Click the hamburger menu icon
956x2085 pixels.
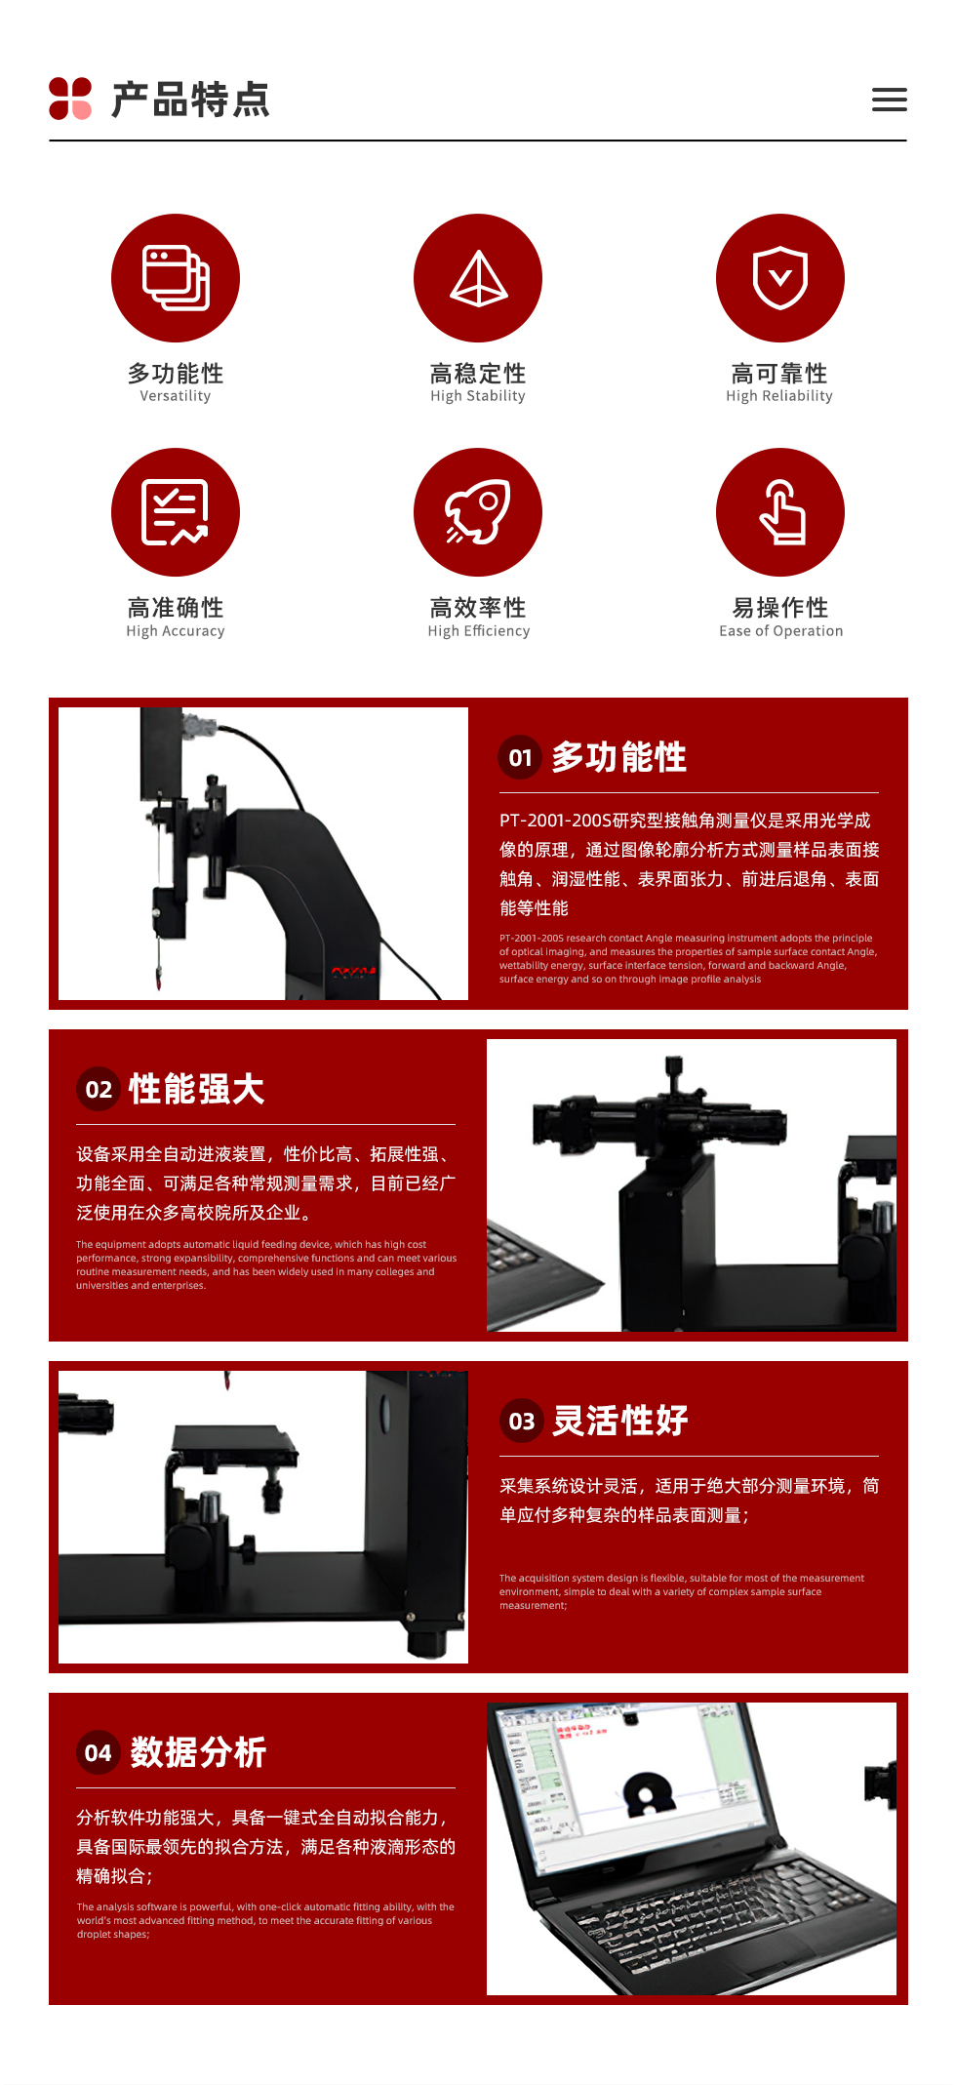[889, 100]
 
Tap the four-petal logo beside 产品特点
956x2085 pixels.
[70, 99]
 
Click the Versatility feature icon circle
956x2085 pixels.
[176, 278]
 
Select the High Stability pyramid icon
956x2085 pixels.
[478, 278]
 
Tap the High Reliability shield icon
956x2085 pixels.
[780, 278]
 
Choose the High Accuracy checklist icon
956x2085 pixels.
[176, 512]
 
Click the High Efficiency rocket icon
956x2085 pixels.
[478, 512]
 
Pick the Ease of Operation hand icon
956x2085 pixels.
[780, 512]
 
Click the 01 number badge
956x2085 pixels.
[521, 757]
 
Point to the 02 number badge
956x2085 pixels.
[99, 1089]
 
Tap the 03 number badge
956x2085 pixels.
[522, 1421]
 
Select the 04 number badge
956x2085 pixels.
[99, 1752]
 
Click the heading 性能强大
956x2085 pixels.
[197, 1089]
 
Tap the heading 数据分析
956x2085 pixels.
[198, 1752]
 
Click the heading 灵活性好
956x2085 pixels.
[620, 1421]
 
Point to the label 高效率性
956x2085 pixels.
[478, 608]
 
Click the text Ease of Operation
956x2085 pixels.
[781, 631]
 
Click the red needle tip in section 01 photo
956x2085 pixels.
[159, 978]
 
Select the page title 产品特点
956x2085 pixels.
[190, 100]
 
